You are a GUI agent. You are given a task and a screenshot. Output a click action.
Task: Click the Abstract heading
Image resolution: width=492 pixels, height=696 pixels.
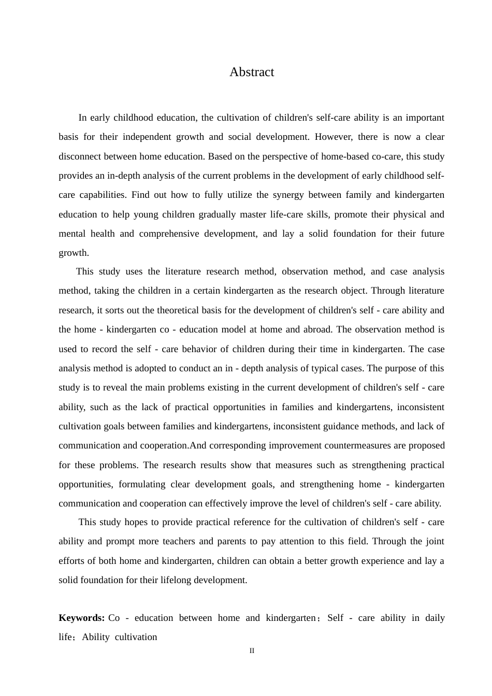coord(252,72)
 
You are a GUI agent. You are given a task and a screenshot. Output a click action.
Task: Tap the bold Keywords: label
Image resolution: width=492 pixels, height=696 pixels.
coord(81,618)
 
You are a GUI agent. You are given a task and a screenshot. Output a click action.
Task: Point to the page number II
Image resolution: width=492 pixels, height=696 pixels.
coord(252,651)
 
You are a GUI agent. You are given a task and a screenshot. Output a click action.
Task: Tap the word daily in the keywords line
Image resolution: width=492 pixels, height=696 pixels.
coord(435,618)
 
